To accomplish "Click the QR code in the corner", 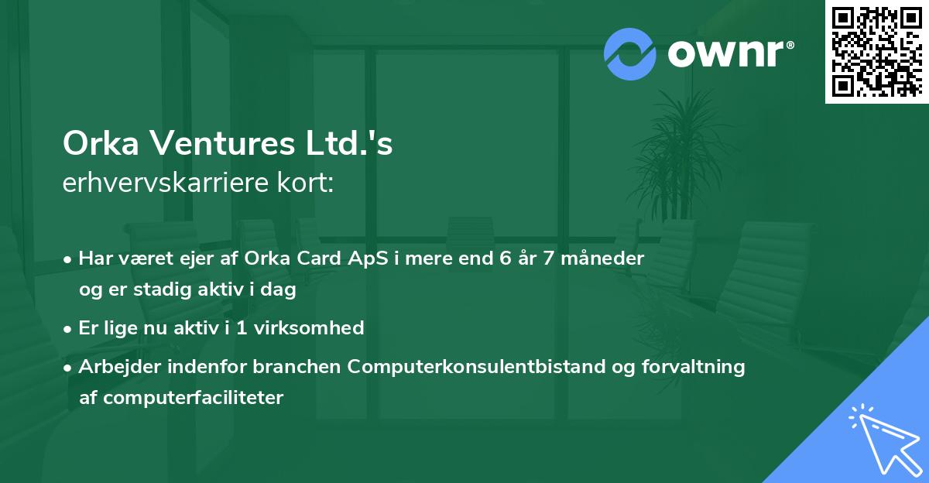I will (x=876, y=51).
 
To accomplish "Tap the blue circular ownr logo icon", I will (x=629, y=53).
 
